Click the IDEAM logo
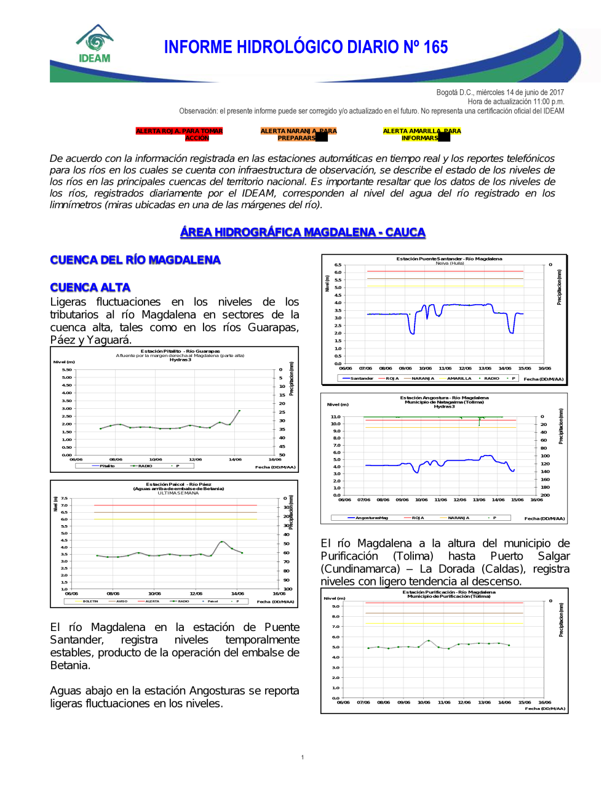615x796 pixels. point(95,44)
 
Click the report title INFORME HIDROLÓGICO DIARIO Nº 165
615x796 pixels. point(306,47)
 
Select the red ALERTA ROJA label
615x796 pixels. point(179,134)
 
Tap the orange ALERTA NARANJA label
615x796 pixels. point(298,134)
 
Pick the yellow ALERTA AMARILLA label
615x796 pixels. point(421,134)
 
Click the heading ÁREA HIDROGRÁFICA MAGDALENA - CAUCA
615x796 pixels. point(303,232)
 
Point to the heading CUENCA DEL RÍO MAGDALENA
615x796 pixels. point(135,260)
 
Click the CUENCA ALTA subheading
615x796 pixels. point(90,287)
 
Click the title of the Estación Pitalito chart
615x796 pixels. point(180,352)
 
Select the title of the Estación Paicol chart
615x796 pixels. point(178,484)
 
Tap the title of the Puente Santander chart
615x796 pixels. point(449,259)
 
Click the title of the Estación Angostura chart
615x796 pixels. point(444,398)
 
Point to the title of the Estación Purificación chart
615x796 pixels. point(449,592)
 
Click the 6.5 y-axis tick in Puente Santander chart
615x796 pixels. point(338,265)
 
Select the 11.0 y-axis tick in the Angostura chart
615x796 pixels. point(335,417)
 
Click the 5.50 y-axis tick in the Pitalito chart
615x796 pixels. point(66,370)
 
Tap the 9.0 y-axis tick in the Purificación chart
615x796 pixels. point(336,606)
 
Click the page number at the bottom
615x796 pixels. point(303,757)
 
